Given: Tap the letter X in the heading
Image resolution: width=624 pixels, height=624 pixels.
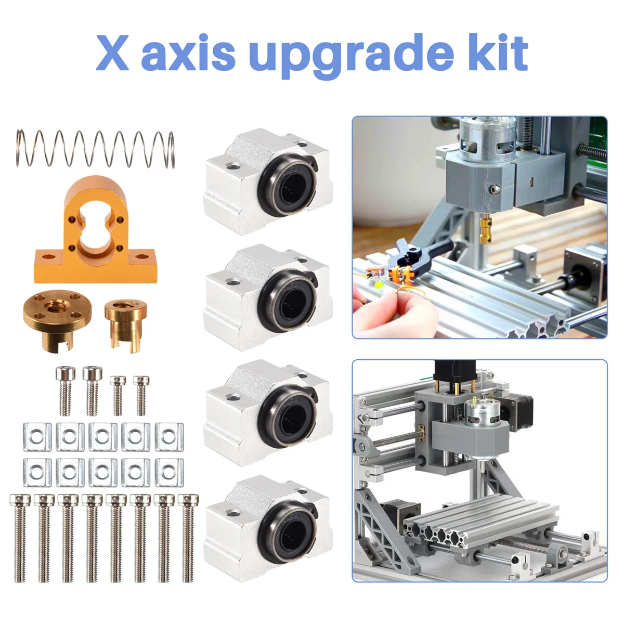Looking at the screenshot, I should [113, 54].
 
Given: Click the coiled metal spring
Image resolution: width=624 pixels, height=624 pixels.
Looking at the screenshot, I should [95, 149].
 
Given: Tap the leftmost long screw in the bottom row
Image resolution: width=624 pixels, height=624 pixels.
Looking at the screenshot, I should [20, 538].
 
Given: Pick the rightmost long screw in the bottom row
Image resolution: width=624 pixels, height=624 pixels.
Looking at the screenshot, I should [188, 538].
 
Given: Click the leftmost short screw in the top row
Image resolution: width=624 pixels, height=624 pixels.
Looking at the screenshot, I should [64, 391].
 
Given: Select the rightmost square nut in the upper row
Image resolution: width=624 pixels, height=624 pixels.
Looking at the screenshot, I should [169, 436].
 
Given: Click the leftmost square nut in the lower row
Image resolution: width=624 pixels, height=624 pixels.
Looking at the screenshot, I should [37, 472].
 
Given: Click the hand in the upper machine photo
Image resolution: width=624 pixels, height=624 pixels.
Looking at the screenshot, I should [380, 307].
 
